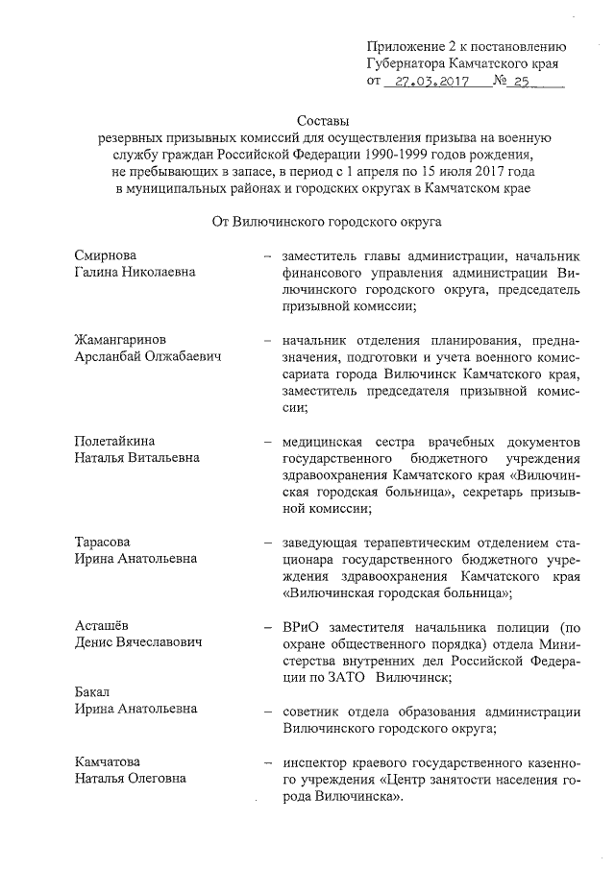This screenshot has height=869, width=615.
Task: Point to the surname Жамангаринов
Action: pos(125,340)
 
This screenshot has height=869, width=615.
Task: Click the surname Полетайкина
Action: pos(118,441)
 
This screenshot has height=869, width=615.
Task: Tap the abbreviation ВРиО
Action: pos(301,626)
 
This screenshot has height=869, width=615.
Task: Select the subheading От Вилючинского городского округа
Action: pos(327,221)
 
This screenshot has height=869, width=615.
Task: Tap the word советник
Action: pos(313,712)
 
